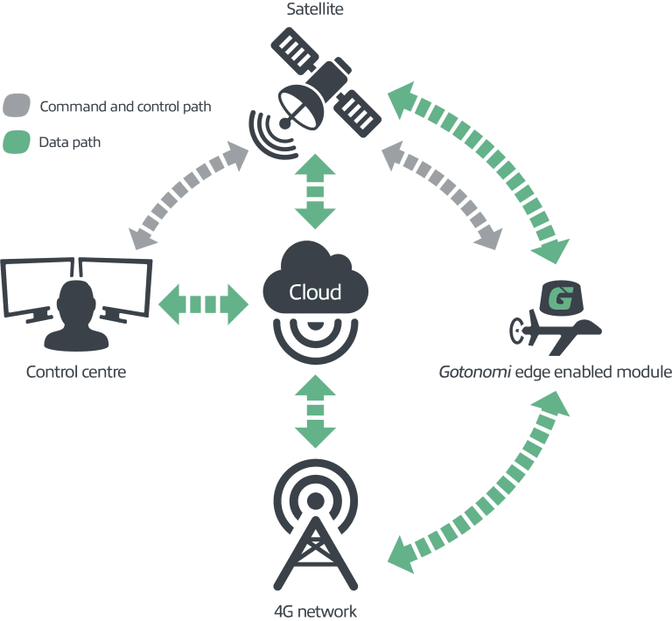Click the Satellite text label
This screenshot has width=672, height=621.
[315, 9]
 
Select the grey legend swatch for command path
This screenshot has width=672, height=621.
[17, 105]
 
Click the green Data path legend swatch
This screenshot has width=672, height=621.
[17, 142]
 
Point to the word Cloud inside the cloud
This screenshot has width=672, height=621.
[315, 292]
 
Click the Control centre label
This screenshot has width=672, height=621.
[76, 372]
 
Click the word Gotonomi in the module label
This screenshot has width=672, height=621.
[475, 372]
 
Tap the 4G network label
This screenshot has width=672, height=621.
[315, 611]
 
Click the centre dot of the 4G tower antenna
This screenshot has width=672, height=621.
[315, 500]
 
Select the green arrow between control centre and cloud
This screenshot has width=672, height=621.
[203, 304]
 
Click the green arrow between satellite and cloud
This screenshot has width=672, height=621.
[315, 192]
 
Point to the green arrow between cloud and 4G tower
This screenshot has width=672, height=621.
[315, 411]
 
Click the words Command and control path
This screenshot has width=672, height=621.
[126, 106]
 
